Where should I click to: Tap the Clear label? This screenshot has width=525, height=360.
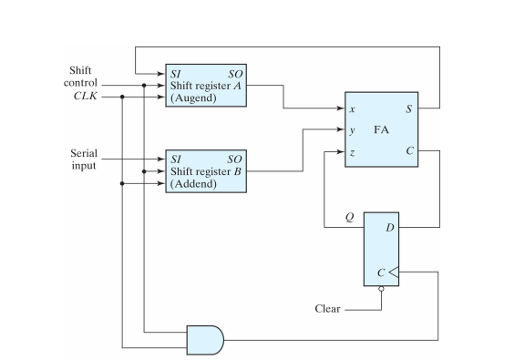tap(326, 309)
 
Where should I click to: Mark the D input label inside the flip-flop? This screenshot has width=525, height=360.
tap(389, 223)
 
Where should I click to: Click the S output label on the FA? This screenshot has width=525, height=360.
tap(409, 108)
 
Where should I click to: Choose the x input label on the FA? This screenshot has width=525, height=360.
tap(352, 108)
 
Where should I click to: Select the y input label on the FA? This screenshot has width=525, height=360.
tap(352, 130)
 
